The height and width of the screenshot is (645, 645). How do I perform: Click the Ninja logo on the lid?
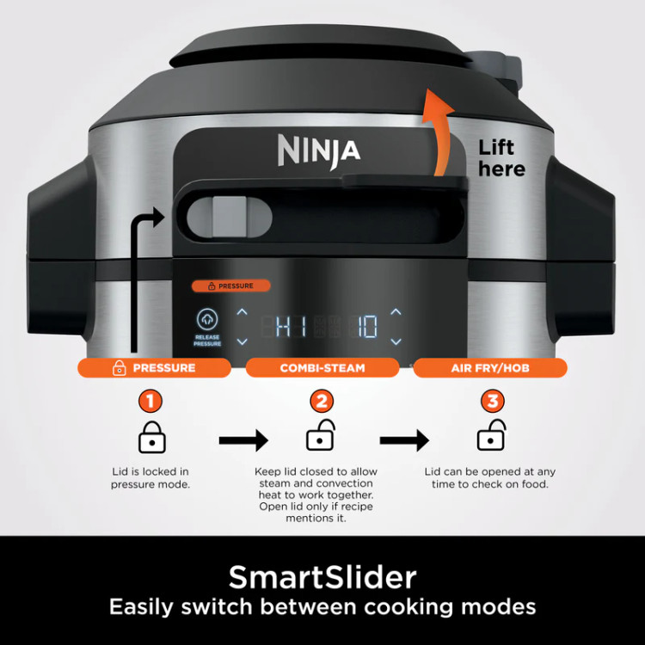pos(319,151)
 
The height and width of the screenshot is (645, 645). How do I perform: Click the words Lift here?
pos(501,158)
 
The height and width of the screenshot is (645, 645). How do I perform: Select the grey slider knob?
pos(229,217)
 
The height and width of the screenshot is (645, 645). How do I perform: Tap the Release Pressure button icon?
pos(207,319)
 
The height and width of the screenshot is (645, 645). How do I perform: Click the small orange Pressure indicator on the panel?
pos(230,286)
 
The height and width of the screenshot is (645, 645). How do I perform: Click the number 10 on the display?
pos(367,327)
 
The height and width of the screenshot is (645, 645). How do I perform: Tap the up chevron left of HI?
pos(243,312)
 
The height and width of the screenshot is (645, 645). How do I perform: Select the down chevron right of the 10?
pos(396,341)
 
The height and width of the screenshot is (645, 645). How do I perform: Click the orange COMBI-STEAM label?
pos(322,368)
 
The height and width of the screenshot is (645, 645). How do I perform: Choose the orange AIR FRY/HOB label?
pos(490,368)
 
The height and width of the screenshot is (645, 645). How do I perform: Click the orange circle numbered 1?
pos(150,401)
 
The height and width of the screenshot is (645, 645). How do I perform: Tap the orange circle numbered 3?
pos(493,401)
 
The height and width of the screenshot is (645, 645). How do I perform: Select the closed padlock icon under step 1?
pos(151,437)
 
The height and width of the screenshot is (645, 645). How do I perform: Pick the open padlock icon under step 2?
pos(321,435)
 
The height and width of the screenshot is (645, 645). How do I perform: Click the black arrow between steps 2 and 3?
pos(404,440)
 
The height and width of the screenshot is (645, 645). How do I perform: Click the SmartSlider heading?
pos(322,577)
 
